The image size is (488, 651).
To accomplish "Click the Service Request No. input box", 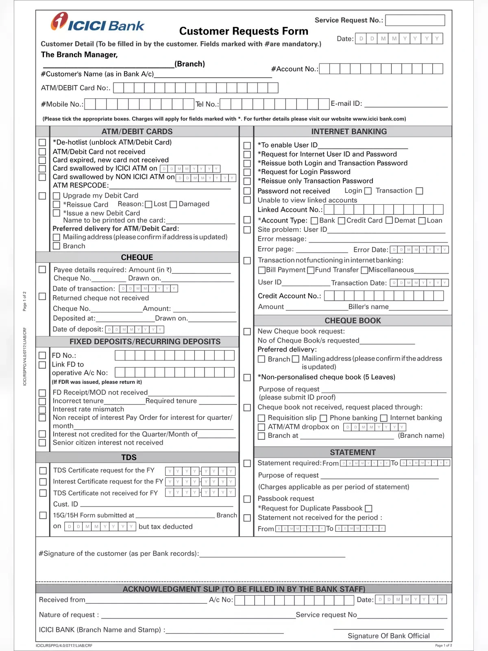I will click(415, 20).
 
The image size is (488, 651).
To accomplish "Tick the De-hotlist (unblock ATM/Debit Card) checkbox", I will click(42, 142).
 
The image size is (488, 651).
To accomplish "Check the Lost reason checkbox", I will click(149, 204).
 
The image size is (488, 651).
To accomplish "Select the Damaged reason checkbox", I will click(173, 204).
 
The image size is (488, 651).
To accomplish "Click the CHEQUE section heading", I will click(137, 257).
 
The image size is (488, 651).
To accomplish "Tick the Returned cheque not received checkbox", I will click(42, 296).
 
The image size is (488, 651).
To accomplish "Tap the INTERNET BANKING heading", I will click(349, 131).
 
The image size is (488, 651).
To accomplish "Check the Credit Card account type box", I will click(342, 221).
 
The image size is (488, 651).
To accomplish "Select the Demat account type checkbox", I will click(389, 221).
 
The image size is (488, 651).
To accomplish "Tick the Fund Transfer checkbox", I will click(311, 270).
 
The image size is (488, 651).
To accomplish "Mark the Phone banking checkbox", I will click(323, 418).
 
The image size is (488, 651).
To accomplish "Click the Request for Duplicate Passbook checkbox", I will click(368, 509).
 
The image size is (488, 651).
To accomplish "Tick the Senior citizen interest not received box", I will click(42, 443).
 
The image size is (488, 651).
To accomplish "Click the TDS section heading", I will click(129, 457).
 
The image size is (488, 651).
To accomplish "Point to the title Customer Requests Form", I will click(244, 31).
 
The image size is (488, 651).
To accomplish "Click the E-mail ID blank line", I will click(406, 104).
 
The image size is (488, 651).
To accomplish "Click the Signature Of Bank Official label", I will click(388, 636).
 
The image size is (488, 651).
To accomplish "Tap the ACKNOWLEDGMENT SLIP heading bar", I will click(244, 589).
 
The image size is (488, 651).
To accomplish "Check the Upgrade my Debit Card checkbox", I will click(57, 196).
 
